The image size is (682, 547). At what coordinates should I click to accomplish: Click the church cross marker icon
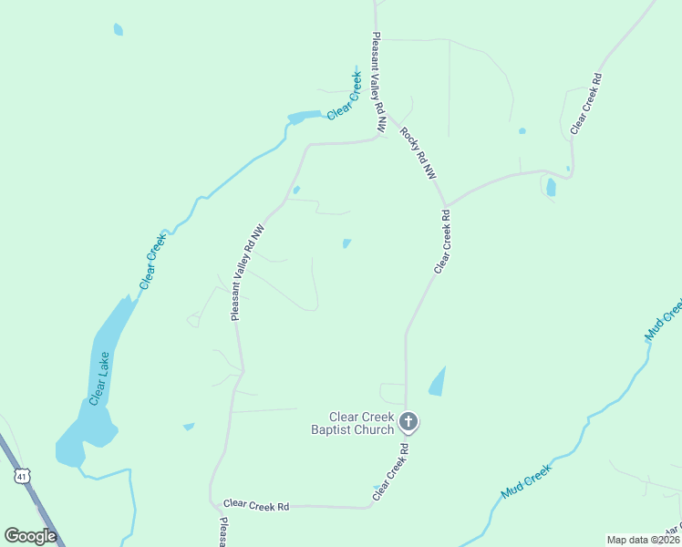[408, 421]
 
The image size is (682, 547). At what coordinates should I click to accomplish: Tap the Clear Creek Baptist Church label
[352, 423]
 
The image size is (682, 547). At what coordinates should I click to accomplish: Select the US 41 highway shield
[23, 476]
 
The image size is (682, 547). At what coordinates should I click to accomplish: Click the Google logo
[31, 536]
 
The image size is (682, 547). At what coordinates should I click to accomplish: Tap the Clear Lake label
[99, 377]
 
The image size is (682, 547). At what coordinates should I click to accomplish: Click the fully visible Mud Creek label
[526, 481]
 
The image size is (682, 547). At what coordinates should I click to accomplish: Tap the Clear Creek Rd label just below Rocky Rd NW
[442, 242]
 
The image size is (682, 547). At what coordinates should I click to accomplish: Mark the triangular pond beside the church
[438, 382]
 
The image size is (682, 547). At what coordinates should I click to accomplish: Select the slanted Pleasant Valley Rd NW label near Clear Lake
[246, 273]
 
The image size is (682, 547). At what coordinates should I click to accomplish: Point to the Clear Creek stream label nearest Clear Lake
[153, 262]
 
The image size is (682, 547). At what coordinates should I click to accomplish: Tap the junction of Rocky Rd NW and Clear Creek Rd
[445, 205]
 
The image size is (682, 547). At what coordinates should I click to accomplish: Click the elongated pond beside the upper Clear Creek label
[304, 117]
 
